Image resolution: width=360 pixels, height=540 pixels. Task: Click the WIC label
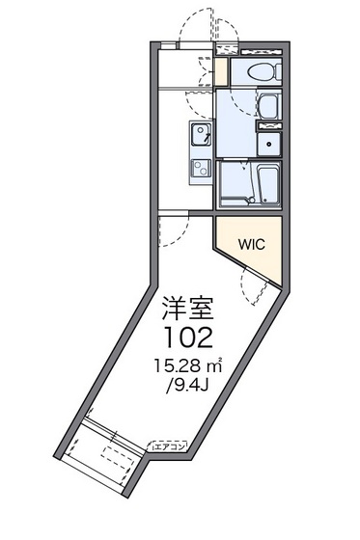pos(252,244)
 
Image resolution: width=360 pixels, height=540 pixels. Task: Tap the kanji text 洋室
pos(188,308)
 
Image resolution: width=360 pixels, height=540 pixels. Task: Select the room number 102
pos(188,337)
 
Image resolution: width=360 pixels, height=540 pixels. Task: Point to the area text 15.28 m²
pos(188,365)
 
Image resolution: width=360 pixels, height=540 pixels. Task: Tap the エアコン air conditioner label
pos(167,446)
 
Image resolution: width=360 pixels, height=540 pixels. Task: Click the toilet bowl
pos(263,71)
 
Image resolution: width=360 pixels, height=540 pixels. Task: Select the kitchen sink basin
pos(200,134)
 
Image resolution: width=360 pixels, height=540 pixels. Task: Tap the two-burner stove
pos(201,168)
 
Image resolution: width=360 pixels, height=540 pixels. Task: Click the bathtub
pos(268,184)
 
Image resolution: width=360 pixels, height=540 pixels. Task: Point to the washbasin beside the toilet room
pos(269,106)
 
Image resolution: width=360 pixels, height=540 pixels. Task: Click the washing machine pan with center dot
pos(269,145)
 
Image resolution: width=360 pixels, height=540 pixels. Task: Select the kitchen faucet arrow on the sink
pos(207,137)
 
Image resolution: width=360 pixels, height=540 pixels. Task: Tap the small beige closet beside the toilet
pos(221,71)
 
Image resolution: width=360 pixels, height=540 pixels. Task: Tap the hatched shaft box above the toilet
pos(227,48)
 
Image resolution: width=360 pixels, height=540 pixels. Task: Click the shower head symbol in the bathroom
pos(245,165)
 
